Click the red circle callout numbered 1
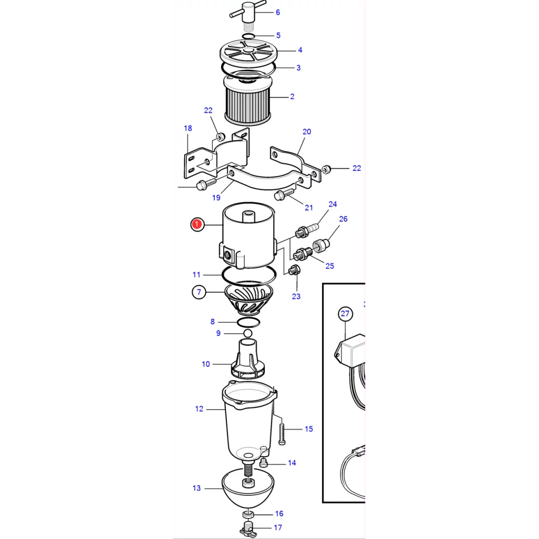tap(197, 224)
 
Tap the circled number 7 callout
tap(198, 292)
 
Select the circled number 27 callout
tap(345, 314)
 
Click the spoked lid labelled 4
tap(248, 52)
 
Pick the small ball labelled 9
tap(248, 333)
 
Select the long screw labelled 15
tap(282, 434)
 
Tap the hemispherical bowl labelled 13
tap(248, 488)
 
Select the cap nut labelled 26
tap(321, 245)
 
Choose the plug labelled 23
tap(294, 270)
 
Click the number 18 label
tap(188, 128)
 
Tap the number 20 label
tap(307, 132)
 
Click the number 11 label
tap(196, 275)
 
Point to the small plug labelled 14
tap(264, 463)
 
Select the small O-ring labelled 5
tap(248, 36)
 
